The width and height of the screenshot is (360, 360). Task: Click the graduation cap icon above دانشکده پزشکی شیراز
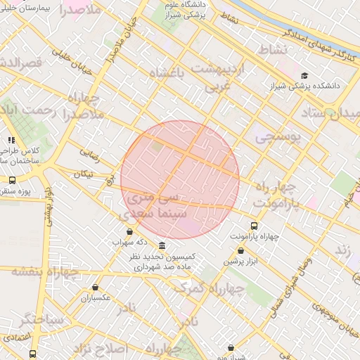click(304, 75)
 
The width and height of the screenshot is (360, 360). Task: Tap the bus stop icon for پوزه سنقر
click(12, 180)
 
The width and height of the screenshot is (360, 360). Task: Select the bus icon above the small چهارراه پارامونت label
click(254, 226)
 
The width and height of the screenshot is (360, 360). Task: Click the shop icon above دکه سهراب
click(129, 231)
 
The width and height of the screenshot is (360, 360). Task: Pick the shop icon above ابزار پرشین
click(241, 250)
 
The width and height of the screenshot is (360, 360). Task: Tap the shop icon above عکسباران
click(95, 287)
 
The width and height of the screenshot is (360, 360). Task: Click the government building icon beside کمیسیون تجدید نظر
click(162, 245)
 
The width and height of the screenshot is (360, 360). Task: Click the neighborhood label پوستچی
click(278, 135)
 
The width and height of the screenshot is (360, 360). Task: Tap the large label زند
click(342, 250)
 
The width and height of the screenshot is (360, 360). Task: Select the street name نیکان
click(83, 173)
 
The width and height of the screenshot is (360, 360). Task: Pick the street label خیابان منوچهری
click(338, 317)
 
